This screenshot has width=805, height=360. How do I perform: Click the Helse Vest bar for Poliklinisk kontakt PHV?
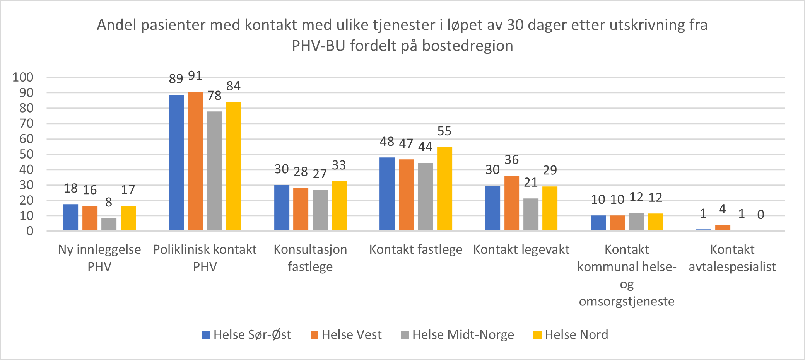[x=195, y=161]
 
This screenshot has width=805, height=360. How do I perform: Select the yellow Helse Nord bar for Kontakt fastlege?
[x=444, y=189]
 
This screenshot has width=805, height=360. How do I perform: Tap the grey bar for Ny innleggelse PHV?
[x=109, y=224]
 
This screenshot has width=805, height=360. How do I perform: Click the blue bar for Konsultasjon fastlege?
[x=282, y=208]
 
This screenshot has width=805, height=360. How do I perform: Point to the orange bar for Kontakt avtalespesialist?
[x=722, y=228]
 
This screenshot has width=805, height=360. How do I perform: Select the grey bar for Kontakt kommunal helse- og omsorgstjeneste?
[x=636, y=222]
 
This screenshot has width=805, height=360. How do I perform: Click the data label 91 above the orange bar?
[x=195, y=76]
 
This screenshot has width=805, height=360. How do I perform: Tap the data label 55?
[x=444, y=131]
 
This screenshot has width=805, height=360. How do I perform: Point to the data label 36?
[x=511, y=160]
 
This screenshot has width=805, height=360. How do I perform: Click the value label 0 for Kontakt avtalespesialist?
[x=760, y=215]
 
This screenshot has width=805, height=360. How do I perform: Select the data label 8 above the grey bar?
[x=109, y=202]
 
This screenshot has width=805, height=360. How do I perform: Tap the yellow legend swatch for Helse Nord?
[x=537, y=335]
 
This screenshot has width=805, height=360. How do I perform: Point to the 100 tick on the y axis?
[x=23, y=77]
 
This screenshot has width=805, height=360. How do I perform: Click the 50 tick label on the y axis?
[x=26, y=154]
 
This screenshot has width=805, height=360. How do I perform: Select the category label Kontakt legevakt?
[x=521, y=249]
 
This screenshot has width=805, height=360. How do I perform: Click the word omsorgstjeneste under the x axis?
[x=626, y=301]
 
